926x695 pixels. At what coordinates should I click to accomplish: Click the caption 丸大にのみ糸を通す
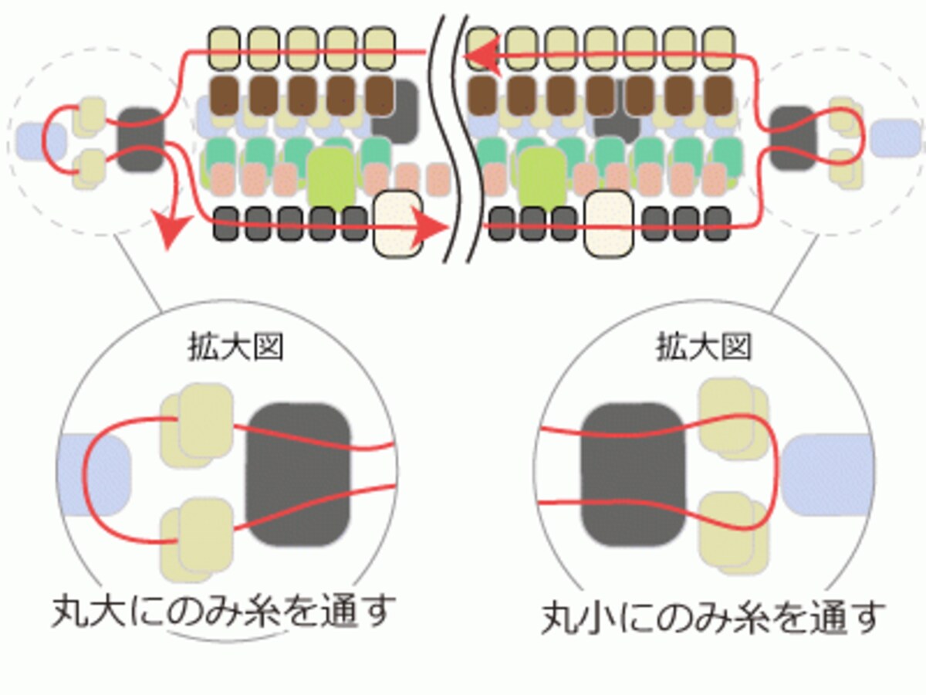(x=224, y=612)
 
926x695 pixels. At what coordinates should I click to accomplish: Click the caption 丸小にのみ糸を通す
(x=712, y=618)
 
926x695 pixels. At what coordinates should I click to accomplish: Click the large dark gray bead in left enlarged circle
(x=299, y=475)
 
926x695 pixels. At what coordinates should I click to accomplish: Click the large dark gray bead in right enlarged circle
(x=632, y=475)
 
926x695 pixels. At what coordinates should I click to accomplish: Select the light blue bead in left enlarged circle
(x=94, y=475)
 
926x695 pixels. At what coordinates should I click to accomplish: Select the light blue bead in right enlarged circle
(x=827, y=475)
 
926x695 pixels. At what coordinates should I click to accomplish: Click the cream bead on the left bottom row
(x=398, y=224)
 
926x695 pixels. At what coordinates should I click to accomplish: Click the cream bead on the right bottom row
(x=609, y=224)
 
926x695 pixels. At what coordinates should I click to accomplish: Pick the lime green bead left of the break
(x=331, y=179)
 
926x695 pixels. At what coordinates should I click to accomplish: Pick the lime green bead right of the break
(x=542, y=179)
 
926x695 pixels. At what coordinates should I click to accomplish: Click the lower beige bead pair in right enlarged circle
(x=733, y=533)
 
